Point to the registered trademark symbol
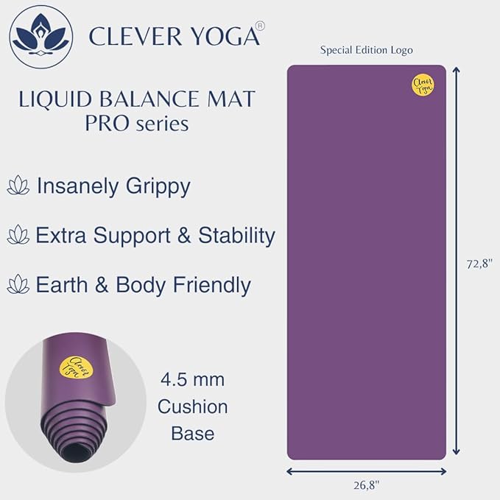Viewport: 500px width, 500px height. [261, 25]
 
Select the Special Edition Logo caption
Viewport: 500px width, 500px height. [366, 50]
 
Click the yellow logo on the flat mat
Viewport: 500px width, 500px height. [422, 85]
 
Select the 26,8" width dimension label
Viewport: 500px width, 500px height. [365, 485]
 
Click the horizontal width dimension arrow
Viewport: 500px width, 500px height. [366, 471]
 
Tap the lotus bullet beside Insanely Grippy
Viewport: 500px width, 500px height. [18, 186]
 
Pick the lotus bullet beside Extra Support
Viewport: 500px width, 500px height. [18, 236]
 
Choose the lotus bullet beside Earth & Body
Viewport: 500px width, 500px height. [18, 285]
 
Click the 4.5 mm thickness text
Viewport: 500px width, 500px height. [192, 381]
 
